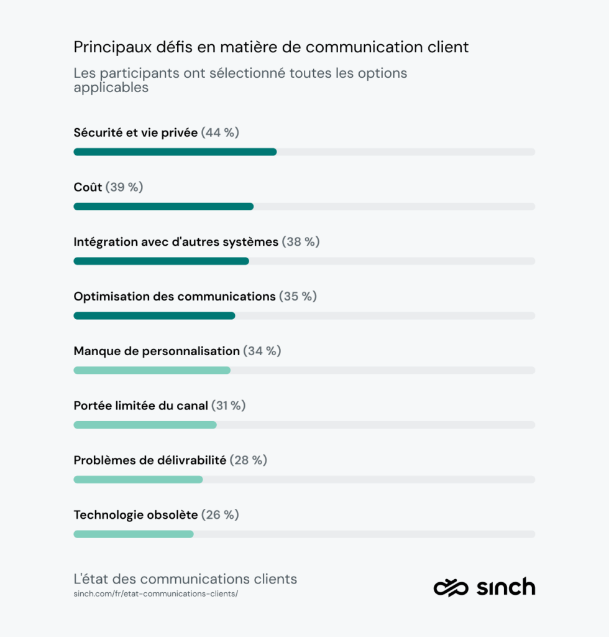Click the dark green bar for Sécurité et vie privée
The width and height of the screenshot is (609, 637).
coord(175,152)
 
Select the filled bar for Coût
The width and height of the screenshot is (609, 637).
coord(163,207)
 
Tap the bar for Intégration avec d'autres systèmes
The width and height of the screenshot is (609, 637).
coord(161,261)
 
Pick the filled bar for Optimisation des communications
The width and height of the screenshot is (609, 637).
coord(154,316)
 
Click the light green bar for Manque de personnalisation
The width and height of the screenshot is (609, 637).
coord(152,370)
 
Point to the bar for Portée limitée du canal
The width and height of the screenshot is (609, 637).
coord(145,425)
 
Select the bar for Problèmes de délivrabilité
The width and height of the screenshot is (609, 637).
coord(138,480)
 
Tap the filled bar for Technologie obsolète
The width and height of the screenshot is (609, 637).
coord(134,534)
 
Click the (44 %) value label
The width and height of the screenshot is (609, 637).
coord(220,133)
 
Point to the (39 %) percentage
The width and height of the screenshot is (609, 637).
coord(124,187)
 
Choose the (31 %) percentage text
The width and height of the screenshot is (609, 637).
coord(229,406)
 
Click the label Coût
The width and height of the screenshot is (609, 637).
coord(88,187)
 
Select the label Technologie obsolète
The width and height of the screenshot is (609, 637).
coord(135,515)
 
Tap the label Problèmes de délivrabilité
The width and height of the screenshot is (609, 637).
coord(150,460)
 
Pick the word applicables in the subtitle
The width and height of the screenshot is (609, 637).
coord(111,88)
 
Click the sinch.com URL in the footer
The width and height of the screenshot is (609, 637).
coord(155,594)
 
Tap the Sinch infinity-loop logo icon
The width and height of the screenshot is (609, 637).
coord(451,587)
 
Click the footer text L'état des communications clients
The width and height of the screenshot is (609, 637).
coord(185,579)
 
